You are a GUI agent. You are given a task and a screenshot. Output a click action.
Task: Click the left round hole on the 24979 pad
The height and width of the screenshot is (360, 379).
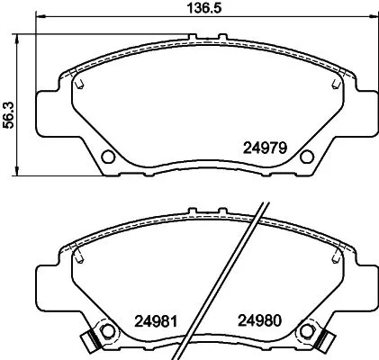(x=108, y=157)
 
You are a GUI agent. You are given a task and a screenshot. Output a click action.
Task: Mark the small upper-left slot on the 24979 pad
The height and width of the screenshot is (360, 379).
(x=80, y=85)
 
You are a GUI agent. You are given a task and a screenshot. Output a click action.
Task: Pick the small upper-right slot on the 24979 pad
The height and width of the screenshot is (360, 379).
(x=336, y=85)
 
